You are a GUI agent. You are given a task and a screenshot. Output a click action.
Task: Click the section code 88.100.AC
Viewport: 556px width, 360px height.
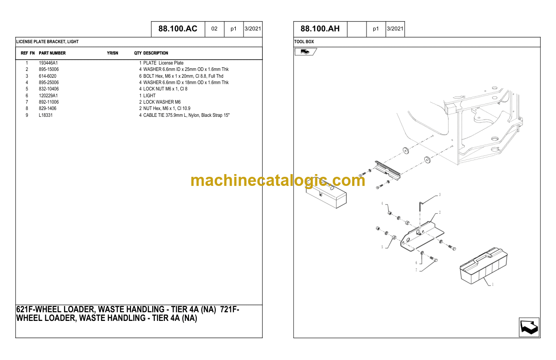[x=178, y=29]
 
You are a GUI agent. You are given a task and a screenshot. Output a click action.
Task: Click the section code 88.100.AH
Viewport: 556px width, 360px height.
[x=320, y=29]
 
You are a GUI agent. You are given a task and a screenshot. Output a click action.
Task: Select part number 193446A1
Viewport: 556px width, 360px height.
[x=48, y=63]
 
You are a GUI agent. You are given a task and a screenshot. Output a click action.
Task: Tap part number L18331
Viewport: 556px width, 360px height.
[x=46, y=115]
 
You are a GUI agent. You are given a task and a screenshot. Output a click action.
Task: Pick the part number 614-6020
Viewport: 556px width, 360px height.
[x=47, y=76]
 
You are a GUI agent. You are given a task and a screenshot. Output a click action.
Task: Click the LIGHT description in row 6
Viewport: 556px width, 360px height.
[x=149, y=95]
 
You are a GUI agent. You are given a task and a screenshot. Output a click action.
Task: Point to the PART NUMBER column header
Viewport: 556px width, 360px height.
[x=52, y=53]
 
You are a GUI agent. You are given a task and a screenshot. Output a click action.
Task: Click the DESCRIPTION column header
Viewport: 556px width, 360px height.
[x=156, y=53]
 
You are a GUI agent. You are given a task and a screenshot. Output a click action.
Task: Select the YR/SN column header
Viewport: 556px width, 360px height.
[x=113, y=53]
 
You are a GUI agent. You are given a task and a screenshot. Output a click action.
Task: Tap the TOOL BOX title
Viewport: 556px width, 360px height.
[x=304, y=42]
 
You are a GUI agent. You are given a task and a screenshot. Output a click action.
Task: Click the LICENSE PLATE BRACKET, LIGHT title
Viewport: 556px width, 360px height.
[x=47, y=42]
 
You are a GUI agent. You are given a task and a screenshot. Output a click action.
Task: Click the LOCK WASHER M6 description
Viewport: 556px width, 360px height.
[x=162, y=102]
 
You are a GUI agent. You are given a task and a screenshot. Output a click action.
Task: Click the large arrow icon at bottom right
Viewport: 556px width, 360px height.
[x=529, y=327]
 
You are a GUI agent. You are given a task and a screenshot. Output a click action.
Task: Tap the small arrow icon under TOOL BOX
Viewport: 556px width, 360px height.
[x=305, y=52]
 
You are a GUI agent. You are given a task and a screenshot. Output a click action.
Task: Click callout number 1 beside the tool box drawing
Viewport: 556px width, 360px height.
[x=493, y=285]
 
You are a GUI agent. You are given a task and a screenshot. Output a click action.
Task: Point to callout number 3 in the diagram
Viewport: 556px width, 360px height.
[x=440, y=195]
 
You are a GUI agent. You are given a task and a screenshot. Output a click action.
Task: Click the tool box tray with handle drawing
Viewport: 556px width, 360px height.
[x=483, y=266]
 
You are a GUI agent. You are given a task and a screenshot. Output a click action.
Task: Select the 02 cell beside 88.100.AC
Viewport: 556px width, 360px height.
[x=214, y=29]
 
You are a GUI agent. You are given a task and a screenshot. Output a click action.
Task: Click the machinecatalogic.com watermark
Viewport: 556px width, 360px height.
[x=278, y=180]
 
